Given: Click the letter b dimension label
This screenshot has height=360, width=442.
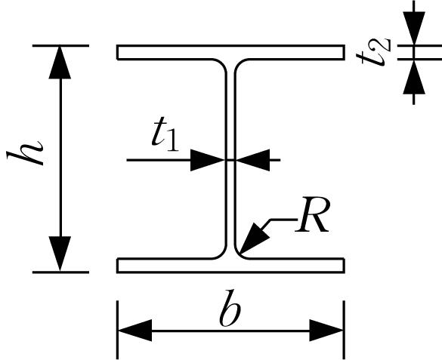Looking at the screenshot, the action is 230,308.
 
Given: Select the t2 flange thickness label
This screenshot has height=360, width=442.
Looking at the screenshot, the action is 373,52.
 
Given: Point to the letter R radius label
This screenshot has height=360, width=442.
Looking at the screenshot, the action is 312,214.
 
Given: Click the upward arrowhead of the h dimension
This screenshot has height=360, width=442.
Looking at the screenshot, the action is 60,63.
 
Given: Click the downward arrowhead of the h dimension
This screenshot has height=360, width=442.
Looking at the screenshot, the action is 60,254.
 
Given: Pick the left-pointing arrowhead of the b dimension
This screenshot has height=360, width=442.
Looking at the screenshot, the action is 135,331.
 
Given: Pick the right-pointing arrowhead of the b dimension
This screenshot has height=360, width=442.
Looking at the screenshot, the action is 326,331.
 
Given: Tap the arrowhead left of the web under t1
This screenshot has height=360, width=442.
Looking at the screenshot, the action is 208,160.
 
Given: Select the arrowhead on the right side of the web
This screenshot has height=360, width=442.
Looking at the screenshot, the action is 252,160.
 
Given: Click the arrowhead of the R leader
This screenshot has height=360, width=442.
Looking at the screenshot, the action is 254,238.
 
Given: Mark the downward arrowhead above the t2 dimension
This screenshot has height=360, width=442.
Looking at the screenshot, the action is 414,28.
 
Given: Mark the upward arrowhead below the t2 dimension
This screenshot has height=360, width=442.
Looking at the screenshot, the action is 414,77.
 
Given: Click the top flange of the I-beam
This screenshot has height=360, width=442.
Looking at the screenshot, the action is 231,52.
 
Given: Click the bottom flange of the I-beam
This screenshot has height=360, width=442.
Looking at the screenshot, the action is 231,266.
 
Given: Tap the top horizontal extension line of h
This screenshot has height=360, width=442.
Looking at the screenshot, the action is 60,45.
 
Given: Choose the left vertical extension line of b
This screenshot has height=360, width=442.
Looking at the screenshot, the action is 117,330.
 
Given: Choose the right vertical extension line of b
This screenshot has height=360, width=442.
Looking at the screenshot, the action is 345,330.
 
